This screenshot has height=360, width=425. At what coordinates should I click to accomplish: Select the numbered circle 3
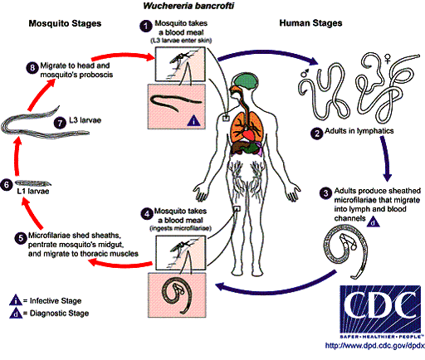coord(325,193)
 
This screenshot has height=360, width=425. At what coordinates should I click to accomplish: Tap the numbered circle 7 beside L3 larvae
coord(57,122)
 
